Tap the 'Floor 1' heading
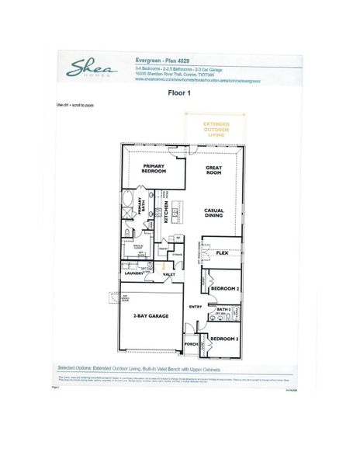(x=180, y=92)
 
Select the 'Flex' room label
(x=221, y=253)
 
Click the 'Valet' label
(x=168, y=273)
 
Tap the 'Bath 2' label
(x=223, y=309)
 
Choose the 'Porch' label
(x=191, y=343)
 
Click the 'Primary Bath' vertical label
(x=142, y=207)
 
